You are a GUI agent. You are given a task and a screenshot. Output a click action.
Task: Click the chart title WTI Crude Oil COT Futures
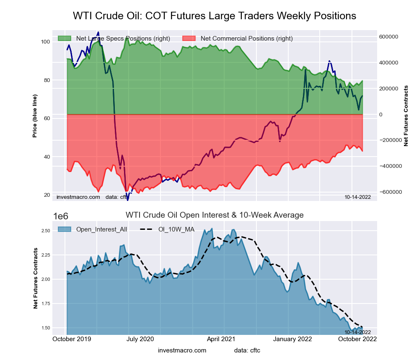(x=215, y=16)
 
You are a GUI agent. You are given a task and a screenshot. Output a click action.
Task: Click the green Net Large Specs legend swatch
(x=65, y=39)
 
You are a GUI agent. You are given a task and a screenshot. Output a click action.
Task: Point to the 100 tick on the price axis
(x=46, y=41)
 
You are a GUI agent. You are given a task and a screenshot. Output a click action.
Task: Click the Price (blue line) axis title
(x=35, y=114)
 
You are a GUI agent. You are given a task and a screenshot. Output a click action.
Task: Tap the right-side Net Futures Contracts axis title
(x=406, y=116)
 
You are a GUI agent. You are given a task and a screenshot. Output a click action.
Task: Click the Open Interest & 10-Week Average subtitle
(x=215, y=215)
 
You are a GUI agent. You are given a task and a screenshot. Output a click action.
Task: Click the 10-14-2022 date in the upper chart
(x=357, y=196)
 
